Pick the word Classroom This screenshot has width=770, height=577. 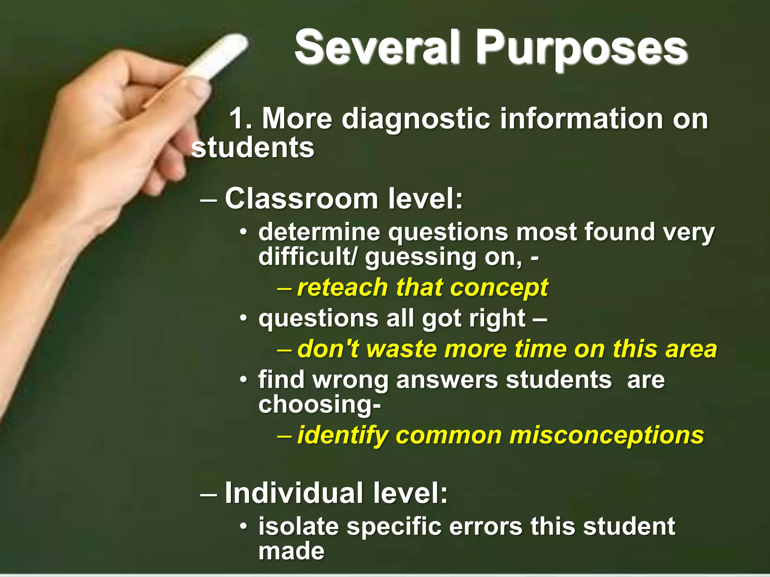coord(301,199)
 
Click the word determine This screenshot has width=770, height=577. coord(319,232)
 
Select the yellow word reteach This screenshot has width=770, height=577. coord(342,288)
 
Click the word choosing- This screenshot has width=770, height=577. coord(320,405)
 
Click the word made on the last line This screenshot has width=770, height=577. coord(291,551)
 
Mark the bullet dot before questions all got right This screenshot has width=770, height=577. coord(244,319)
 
